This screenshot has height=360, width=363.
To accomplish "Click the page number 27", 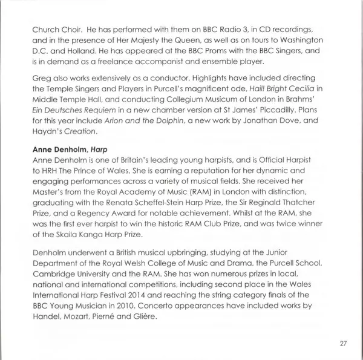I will (x=342, y=343).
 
